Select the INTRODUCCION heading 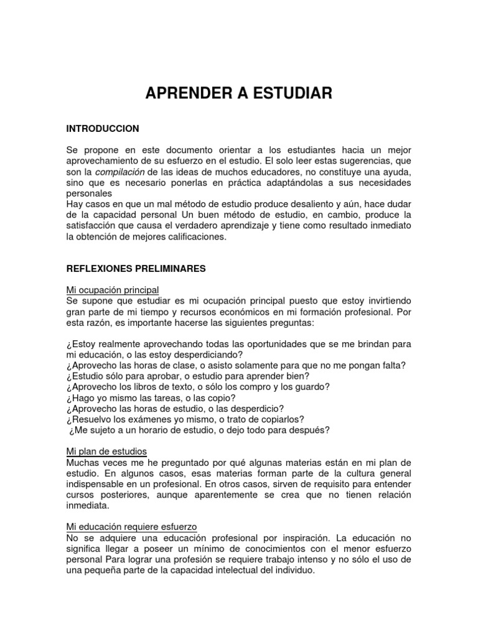click(x=103, y=129)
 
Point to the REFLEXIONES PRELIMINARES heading click(x=136, y=269)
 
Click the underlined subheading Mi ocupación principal click(x=113, y=290)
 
